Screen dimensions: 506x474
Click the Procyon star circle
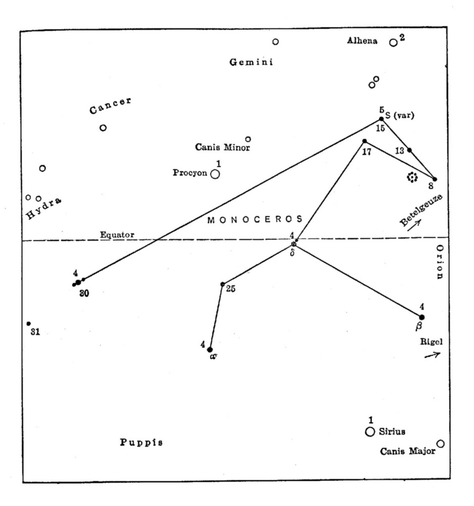pos(215,174)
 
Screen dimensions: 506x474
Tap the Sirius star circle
pos(370,432)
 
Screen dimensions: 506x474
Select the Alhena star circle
pos(393,42)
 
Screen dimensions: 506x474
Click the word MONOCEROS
pos(255,219)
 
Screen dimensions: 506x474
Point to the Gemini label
pos(251,62)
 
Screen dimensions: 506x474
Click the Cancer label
pos(110,106)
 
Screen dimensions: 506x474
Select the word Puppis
pos(141,442)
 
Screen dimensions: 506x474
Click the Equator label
pos(117,235)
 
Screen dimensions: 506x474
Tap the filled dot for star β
pos(422,317)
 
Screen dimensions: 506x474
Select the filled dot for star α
pos(210,350)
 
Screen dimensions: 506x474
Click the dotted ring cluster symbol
pos(412,177)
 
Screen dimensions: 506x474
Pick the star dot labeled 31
pos(29,323)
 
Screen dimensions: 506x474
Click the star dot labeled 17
pos(364,141)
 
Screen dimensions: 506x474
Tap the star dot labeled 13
pos(409,150)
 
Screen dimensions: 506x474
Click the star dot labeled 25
pos(222,284)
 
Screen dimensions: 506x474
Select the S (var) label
pos(400,115)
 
